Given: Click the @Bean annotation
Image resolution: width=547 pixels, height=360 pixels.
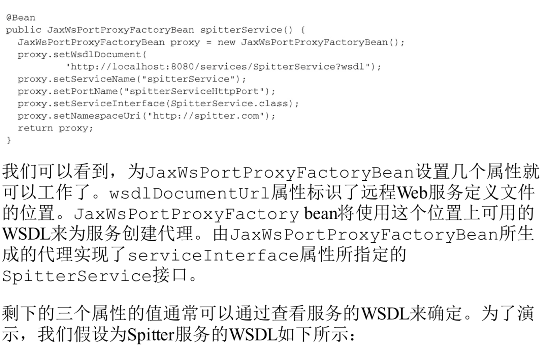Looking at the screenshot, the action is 21,18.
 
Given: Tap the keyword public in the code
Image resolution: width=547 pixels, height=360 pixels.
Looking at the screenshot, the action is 23,30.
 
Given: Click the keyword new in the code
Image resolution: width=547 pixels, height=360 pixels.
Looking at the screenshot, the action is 226,42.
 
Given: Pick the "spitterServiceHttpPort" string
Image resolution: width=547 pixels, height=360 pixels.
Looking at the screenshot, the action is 194,91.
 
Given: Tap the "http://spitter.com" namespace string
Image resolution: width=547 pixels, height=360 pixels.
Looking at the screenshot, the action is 206,116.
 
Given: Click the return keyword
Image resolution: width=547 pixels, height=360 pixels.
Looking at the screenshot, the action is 35,128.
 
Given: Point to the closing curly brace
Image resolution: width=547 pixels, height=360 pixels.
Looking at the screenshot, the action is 9,140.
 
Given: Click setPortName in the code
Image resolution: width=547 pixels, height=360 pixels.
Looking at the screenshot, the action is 86,91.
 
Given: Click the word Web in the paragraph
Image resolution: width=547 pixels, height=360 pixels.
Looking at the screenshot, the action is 412,192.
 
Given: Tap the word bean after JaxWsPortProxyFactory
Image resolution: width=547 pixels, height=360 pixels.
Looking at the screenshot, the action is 320,213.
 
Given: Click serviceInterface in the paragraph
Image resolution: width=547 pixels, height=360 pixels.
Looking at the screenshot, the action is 213,255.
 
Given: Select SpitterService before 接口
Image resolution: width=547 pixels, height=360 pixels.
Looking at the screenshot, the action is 77,276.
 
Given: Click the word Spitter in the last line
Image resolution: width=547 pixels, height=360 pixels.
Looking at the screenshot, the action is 151,335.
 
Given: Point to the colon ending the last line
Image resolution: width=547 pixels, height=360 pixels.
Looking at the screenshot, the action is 352,336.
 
